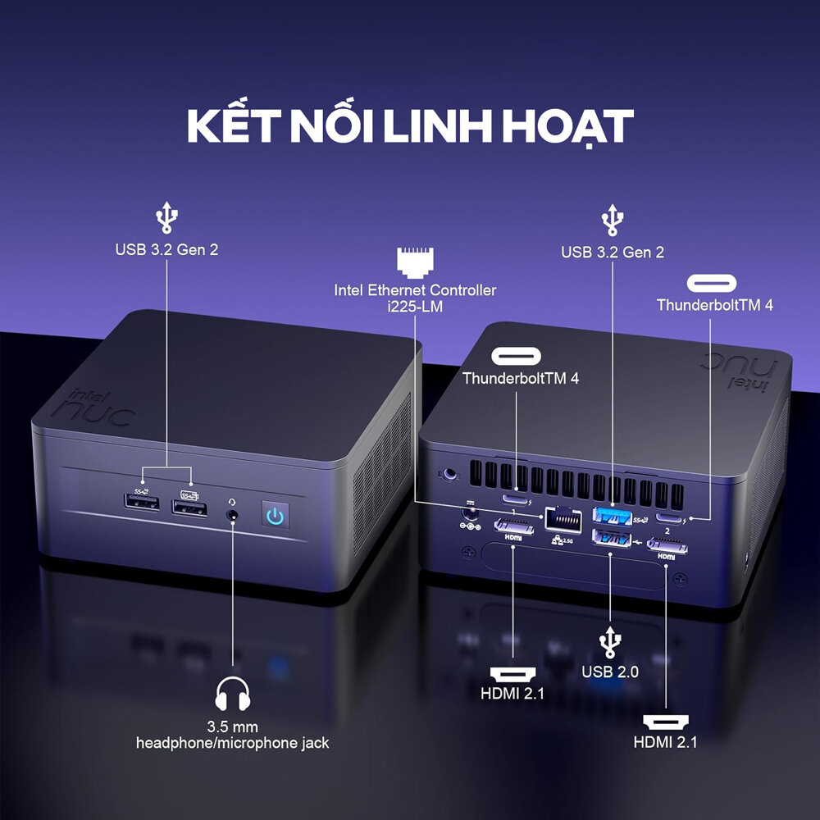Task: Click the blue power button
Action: (x=276, y=516)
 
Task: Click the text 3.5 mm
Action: (x=233, y=727)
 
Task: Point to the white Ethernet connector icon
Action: (x=415, y=259)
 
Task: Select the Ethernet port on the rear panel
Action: (x=560, y=518)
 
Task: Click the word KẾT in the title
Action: (x=226, y=125)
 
